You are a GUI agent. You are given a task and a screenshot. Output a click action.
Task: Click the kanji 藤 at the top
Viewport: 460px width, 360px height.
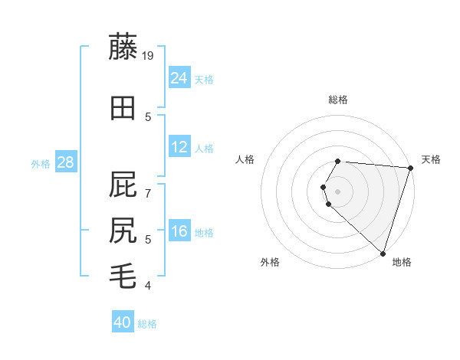coord(124,47)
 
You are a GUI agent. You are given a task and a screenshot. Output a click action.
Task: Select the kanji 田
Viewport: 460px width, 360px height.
coord(124,109)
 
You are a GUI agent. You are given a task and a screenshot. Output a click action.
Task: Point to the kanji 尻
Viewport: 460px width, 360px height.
coord(124,230)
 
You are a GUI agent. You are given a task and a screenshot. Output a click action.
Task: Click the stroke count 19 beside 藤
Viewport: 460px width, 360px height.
coord(149,55)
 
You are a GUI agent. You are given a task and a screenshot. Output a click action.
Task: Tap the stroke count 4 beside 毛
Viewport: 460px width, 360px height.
coord(149,286)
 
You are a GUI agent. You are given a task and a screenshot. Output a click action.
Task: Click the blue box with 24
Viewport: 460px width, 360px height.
coord(179,78)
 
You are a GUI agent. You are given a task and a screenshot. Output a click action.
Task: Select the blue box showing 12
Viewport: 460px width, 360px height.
coord(179,147)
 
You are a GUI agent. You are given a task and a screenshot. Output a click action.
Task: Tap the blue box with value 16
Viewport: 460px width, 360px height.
coord(179,231)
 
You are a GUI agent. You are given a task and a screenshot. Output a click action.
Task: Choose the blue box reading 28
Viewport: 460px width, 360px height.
coord(65,162)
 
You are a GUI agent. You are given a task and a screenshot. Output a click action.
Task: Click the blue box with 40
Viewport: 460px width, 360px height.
coord(123,322)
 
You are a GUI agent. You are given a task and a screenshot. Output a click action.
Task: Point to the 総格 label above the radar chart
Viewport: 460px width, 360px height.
coord(338,100)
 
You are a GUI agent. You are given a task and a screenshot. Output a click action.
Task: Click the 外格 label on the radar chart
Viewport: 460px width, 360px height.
coord(270,262)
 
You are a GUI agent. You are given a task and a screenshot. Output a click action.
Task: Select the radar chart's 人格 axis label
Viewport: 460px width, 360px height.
coord(245,159)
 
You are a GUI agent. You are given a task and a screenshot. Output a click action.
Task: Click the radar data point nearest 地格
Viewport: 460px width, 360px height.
coord(383,254)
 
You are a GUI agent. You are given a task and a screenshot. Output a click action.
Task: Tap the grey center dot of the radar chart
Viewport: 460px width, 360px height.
coord(338,191)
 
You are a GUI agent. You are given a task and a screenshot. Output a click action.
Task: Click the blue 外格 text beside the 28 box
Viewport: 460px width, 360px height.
coord(40,164)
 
